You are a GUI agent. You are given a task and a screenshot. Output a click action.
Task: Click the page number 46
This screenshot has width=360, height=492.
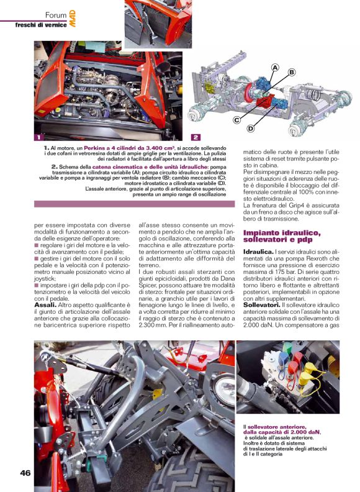tap(25, 473)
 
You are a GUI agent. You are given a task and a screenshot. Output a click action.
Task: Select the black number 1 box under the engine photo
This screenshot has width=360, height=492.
tap(39, 137)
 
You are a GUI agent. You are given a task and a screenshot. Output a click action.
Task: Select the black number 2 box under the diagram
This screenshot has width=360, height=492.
tap(196, 137)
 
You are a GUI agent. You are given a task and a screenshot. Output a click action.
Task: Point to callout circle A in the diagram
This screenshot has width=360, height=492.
tap(274, 67)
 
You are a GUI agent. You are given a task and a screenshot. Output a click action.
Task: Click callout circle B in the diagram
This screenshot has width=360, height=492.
tap(291, 73)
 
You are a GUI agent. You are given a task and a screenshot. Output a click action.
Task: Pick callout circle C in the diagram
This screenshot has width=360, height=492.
tap(237, 119)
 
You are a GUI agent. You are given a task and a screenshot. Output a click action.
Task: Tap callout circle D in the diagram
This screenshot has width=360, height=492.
tap(251, 129)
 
